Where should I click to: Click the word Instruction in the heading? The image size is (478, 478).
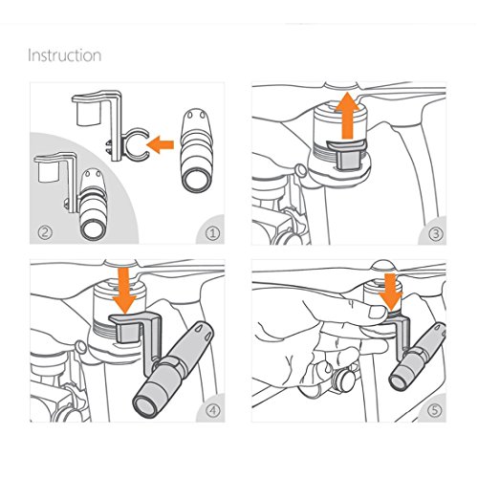pyautogui.click(x=65, y=55)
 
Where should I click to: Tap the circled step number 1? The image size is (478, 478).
pyautogui.click(x=212, y=234)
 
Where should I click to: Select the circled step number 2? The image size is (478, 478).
pyautogui.click(x=45, y=232)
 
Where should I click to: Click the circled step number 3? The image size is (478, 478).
pyautogui.click(x=435, y=234)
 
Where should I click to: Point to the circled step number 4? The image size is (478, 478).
pyautogui.click(x=212, y=410)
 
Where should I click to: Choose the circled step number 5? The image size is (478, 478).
pyautogui.click(x=434, y=410)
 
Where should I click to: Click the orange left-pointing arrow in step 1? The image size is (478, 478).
pyautogui.click(x=161, y=144)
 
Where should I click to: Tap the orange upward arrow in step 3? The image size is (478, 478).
pyautogui.click(x=348, y=116)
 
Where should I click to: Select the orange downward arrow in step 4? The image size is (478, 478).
pyautogui.click(x=124, y=291)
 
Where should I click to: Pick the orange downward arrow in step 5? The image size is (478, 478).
pyautogui.click(x=391, y=293)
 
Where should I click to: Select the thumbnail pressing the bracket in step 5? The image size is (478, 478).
pyautogui.click(x=378, y=312)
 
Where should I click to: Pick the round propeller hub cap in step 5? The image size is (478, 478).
pyautogui.click(x=382, y=265)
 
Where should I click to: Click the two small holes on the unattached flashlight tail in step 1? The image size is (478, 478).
pyautogui.click(x=196, y=114)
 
